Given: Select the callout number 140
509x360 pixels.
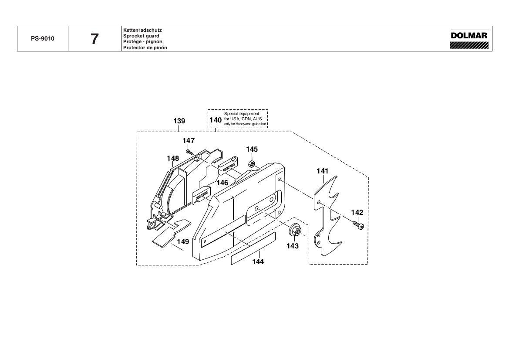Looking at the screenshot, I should (x=216, y=119).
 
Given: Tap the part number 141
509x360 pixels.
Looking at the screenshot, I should (x=322, y=171).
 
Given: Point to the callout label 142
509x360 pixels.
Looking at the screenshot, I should (x=357, y=212).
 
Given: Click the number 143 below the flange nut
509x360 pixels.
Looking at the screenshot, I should (x=293, y=246).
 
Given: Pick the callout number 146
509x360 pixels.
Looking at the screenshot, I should (x=222, y=183).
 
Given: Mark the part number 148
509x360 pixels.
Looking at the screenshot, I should (x=173, y=158).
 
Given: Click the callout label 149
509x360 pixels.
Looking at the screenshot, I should (x=183, y=241).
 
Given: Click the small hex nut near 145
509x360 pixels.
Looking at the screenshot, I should (x=251, y=163).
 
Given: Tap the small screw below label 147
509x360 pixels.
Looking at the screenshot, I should (x=189, y=151).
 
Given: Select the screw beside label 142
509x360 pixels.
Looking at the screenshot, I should (x=359, y=226).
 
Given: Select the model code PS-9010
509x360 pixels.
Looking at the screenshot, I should (x=43, y=38).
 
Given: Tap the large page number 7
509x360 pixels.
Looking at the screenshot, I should (x=94, y=39).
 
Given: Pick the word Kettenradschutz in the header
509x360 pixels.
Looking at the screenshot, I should (x=143, y=30).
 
